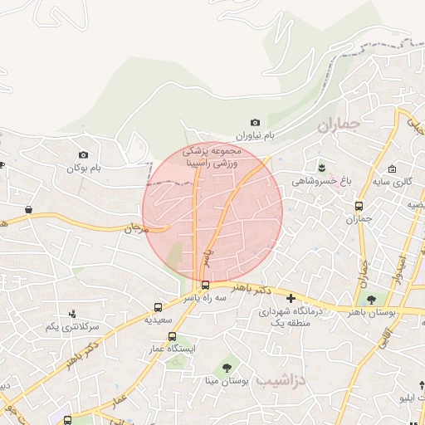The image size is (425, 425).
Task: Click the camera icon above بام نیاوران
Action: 255,123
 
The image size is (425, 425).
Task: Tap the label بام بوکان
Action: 84,168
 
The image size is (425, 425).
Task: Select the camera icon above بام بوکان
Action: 83,154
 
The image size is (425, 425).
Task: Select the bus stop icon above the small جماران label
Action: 359,206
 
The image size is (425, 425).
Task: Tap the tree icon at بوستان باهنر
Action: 370,299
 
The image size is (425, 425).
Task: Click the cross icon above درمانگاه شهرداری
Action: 291,297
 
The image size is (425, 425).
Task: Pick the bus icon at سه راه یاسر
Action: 206,285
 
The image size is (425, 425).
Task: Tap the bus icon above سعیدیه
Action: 159,306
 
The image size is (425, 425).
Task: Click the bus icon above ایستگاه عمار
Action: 173,336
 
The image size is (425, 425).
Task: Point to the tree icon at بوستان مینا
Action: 227,366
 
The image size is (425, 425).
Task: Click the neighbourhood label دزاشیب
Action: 282,379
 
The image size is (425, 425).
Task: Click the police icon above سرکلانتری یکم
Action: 72,314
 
